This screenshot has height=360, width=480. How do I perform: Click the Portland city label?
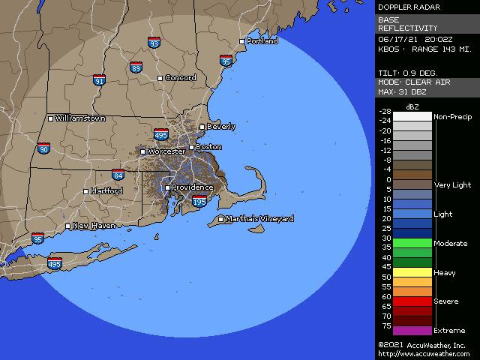click(x=262, y=41)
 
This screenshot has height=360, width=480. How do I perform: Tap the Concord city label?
click(x=180, y=78)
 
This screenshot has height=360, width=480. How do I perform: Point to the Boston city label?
click(x=208, y=147)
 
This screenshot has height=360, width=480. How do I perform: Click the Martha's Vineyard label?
click(x=260, y=219)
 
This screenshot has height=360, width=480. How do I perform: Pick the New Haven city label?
click(x=94, y=226)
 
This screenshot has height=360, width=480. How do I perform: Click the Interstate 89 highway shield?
click(x=136, y=67)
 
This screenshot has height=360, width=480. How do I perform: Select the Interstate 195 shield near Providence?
click(x=199, y=202)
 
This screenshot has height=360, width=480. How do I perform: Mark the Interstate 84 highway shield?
click(x=118, y=175)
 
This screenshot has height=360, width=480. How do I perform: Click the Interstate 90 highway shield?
click(x=44, y=149)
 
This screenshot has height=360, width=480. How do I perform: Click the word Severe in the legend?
click(x=446, y=301)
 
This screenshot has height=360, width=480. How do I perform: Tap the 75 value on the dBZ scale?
click(x=387, y=326)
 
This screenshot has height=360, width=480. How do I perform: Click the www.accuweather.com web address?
click(x=421, y=354)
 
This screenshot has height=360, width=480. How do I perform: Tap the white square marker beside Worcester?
click(x=142, y=152)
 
